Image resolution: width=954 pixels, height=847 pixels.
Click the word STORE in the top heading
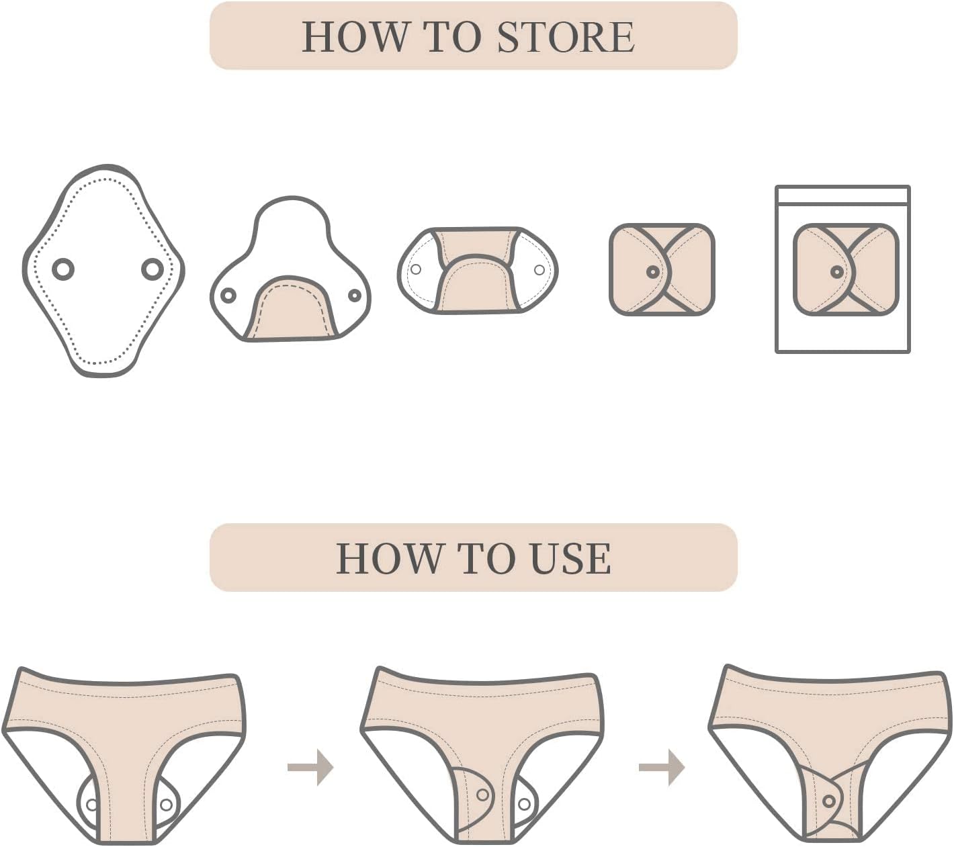point(566,37)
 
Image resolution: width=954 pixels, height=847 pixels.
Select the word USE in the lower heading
point(570,558)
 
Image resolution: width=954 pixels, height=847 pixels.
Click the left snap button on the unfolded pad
point(63,269)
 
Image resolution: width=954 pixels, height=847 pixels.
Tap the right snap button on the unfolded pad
point(152,269)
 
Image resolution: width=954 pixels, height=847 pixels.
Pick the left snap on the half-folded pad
point(228,296)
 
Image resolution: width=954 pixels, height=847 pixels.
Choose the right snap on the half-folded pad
point(355,296)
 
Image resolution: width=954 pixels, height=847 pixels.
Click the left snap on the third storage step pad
point(417,269)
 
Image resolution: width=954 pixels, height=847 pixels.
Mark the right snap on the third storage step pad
point(539,270)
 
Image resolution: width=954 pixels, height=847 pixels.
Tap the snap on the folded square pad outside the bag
point(652,271)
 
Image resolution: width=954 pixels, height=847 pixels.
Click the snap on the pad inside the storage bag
point(836,271)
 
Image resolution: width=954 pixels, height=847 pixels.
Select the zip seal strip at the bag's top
point(842,195)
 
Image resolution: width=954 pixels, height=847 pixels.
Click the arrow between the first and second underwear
point(311,768)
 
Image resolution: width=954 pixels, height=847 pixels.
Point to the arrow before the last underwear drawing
point(662,768)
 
